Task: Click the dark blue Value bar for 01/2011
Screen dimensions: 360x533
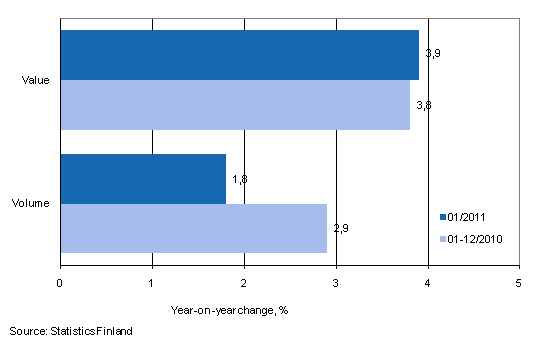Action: pyautogui.click(x=239, y=55)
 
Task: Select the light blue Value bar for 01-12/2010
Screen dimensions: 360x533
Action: pyautogui.click(x=235, y=105)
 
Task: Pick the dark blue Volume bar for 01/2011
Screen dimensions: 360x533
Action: pyautogui.click(x=143, y=179)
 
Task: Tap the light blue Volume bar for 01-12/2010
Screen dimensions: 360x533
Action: pyautogui.click(x=193, y=228)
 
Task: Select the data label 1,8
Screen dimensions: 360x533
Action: pyautogui.click(x=240, y=179)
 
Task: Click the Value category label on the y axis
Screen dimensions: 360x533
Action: pyautogui.click(x=41, y=80)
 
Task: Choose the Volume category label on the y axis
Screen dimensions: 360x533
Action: pyautogui.click(x=38, y=204)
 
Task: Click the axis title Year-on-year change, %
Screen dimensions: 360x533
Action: pyautogui.click(x=229, y=309)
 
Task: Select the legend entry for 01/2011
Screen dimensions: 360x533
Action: pyautogui.click(x=469, y=215)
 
